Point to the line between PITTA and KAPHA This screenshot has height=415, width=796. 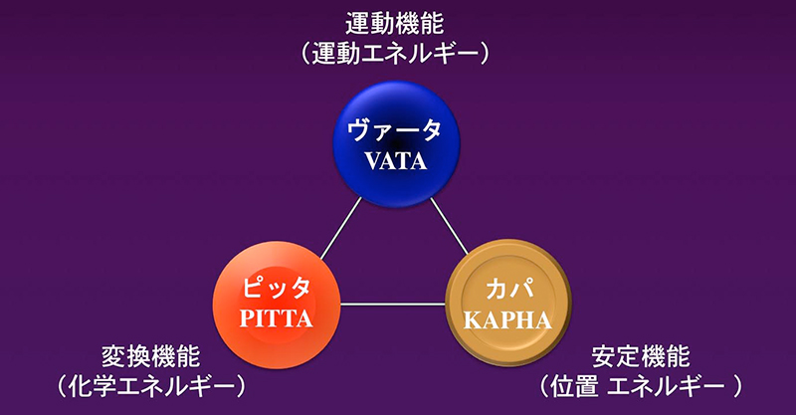392,304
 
